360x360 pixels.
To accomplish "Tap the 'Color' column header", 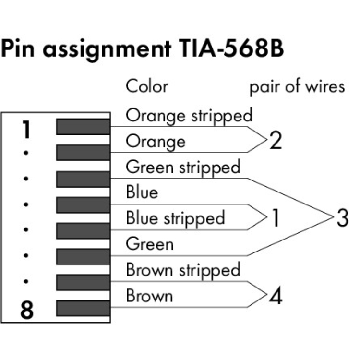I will pos(147,86).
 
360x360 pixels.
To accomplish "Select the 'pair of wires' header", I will pos(297,86).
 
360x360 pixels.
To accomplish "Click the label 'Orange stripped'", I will pos(189,116).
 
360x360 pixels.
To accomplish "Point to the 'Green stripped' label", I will pos(183,167).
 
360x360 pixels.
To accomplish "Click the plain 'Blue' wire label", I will pos(142,192).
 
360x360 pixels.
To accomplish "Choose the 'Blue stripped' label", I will pos(175,218).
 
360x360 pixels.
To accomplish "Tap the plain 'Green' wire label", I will pos(149,244).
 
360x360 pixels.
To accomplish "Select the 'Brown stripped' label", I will pos(183,270).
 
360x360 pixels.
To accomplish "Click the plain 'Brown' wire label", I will pos(149,296).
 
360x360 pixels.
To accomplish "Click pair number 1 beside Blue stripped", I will pos(275,218).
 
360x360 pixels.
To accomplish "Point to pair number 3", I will pos(342,218).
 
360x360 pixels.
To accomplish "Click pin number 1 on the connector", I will pos(27,130).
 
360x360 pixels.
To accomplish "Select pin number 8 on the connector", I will pos(27,311).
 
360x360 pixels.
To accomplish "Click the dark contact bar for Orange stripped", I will pos(83,127).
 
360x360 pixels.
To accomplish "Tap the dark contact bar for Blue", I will pos(83,204).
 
